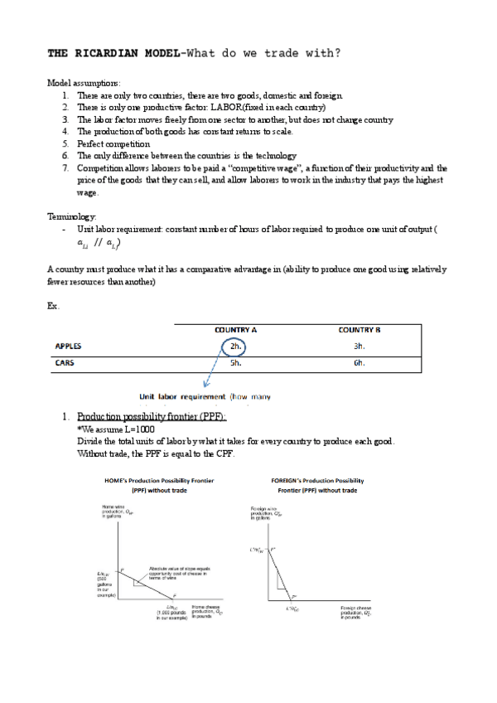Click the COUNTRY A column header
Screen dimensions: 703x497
tap(235, 330)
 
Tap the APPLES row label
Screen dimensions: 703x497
tap(68, 347)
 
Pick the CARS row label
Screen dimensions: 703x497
tap(65, 362)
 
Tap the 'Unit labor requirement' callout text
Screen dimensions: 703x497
tap(183, 396)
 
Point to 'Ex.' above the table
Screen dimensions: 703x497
tap(54, 306)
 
